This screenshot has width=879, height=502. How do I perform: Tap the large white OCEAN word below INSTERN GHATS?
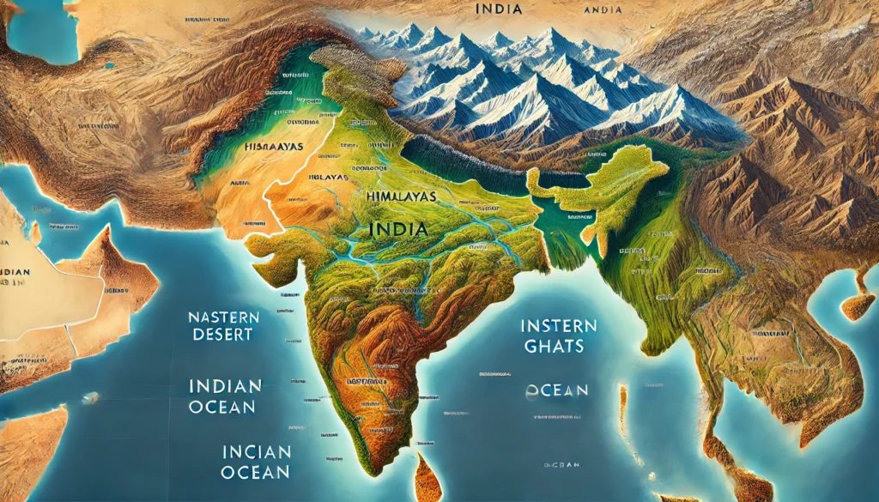click(557, 390)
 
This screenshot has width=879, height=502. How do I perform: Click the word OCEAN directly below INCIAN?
click(254, 472)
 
